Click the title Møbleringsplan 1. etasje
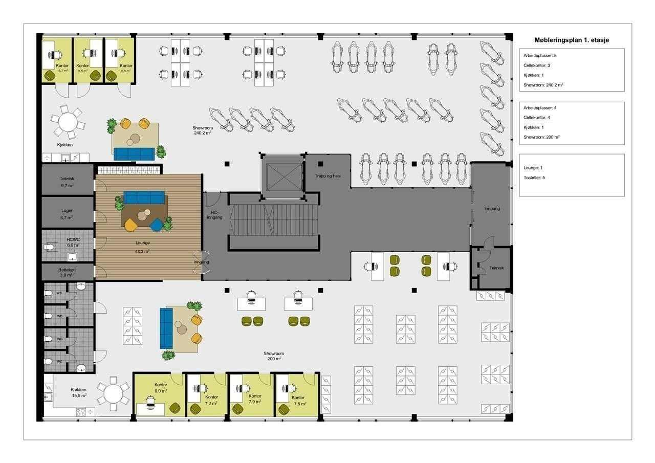[572, 40]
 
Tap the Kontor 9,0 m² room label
[161, 388]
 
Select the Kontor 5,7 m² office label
[62, 68]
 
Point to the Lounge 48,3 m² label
[143, 247]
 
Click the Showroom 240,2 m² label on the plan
[203, 130]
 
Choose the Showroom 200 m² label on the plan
[274, 356]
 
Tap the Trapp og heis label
[328, 176]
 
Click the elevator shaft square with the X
[283, 178]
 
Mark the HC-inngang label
[214, 215]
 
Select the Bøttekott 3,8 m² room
[68, 272]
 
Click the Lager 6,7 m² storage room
[68, 212]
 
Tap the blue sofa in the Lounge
[144, 197]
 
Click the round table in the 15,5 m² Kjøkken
[113, 394]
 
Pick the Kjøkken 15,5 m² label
[79, 392]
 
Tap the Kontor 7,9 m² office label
[255, 399]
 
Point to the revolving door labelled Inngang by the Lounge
[202, 262]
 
